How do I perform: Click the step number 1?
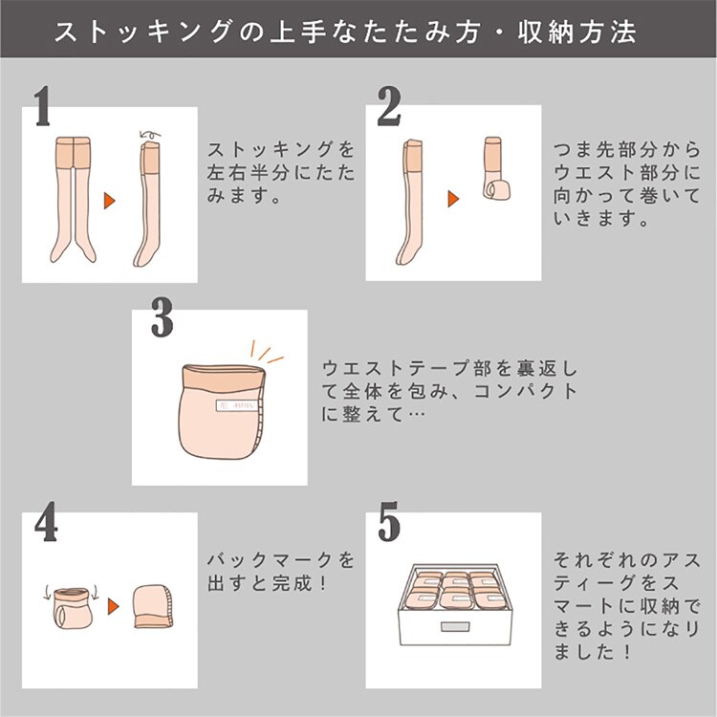pos(42,106)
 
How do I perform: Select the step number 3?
pos(163,317)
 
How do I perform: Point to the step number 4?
pos(46,522)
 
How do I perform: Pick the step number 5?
pos(389,522)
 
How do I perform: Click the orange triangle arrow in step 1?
pos(109,201)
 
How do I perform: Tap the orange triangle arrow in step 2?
pos(453,199)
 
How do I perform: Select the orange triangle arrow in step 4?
pos(114,606)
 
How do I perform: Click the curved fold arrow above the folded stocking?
pos(150,135)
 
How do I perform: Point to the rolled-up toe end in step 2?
pos(498,189)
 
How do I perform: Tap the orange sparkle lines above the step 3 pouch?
pos(265,352)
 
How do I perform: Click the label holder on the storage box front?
pos(455,626)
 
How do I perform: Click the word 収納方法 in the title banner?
pos(577,32)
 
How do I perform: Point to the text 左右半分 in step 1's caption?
pos(248,173)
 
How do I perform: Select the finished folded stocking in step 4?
pos(154,606)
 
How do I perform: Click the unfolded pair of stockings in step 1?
pos(74,200)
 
